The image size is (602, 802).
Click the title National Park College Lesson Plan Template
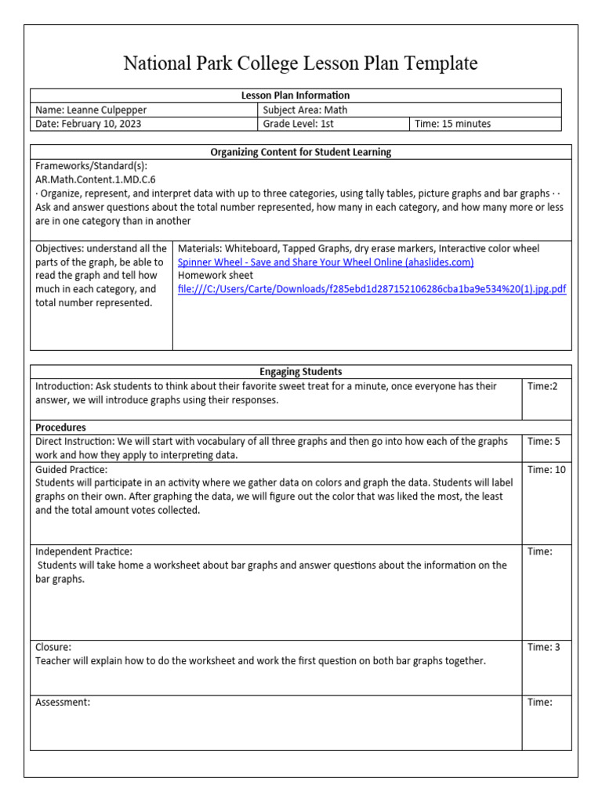click(300, 63)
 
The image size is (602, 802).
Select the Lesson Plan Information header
click(295, 96)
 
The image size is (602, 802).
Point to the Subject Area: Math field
click(305, 110)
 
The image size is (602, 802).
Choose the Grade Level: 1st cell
click(299, 124)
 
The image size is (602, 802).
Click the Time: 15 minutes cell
click(453, 124)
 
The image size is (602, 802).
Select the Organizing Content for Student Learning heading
click(300, 152)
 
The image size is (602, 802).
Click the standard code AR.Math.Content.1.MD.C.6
click(96, 179)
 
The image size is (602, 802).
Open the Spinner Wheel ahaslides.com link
click(325, 262)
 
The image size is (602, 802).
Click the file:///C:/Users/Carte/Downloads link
click(372, 289)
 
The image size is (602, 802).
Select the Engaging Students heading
click(300, 372)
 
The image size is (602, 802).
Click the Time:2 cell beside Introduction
click(542, 386)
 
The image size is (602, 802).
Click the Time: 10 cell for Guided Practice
click(546, 470)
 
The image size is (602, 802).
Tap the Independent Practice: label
click(84, 551)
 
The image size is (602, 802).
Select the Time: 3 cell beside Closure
click(543, 647)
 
